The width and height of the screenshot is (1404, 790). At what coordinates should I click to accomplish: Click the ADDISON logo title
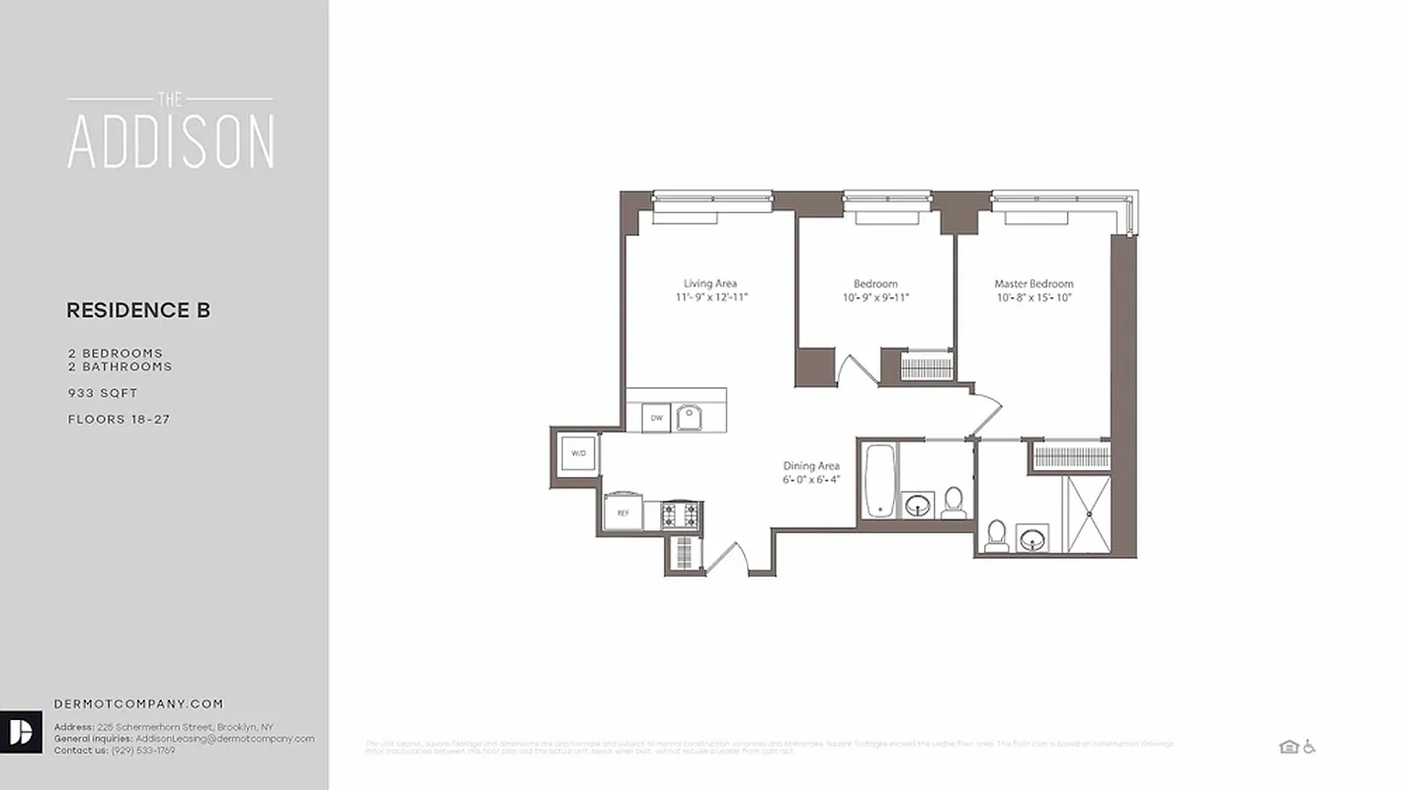point(170,142)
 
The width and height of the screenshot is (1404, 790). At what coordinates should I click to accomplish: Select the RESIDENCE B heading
point(138,311)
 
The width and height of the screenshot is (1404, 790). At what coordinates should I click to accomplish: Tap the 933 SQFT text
point(103,393)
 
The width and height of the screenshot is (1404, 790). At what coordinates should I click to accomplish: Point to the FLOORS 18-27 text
point(119,420)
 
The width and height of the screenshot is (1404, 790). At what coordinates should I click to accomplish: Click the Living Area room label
point(710,283)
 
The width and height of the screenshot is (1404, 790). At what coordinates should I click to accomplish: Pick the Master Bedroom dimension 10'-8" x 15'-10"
point(1033,297)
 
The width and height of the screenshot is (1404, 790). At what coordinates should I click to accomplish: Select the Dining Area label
point(811,466)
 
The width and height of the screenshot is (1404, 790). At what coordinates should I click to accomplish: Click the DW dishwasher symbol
point(655,419)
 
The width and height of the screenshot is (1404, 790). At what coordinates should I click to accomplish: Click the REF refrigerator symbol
point(622,513)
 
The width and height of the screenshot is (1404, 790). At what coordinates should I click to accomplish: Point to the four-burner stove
point(681,513)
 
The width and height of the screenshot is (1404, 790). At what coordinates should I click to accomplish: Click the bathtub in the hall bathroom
point(878,480)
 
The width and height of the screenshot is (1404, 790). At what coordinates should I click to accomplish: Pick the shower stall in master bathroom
point(1086,513)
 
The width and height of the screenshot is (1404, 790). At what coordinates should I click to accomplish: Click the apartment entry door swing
point(728,558)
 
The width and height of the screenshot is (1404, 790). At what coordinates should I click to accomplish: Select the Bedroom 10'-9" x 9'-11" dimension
point(875,297)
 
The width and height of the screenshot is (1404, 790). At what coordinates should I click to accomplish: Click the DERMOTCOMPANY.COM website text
point(138,704)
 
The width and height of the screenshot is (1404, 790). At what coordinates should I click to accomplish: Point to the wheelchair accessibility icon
point(1309,747)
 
